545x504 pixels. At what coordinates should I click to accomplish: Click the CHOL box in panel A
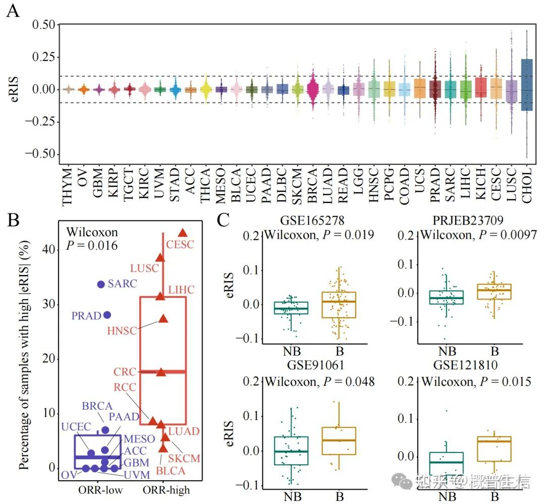pos(527,88)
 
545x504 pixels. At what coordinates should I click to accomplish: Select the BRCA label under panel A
pos(312,187)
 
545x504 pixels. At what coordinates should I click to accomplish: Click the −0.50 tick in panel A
pos(40,154)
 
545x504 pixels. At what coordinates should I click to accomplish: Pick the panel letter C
pos(224,220)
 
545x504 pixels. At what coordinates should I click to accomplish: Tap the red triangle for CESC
pos(183,233)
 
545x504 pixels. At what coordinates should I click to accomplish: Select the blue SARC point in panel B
pos(101,285)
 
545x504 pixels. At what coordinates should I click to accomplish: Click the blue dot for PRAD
pos(107,315)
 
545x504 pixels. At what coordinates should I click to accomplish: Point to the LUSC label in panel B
pos(144,268)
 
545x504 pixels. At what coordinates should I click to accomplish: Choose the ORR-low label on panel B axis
pos(98,489)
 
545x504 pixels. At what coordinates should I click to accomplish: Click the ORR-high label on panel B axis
pos(163,489)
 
